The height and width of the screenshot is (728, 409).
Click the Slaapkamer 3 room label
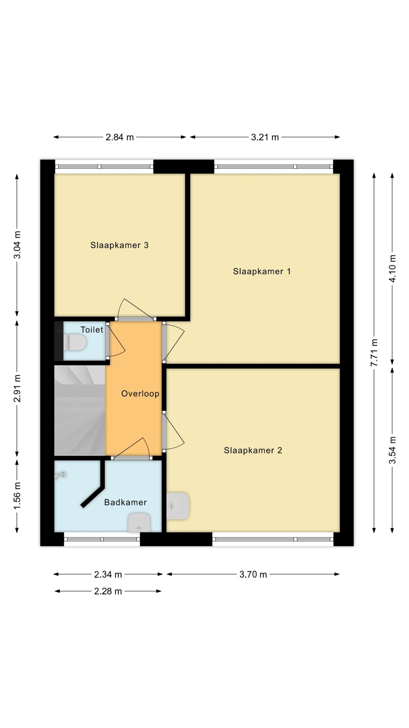[119, 245]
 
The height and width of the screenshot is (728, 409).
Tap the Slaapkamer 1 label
[262, 271]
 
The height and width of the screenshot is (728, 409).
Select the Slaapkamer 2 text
[253, 450]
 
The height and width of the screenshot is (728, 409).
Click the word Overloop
[140, 393]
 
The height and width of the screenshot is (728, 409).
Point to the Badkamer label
[125, 502]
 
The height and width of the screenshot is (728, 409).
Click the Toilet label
[92, 330]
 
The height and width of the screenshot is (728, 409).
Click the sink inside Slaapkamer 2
[178, 506]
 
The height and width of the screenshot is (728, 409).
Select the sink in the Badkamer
[139, 523]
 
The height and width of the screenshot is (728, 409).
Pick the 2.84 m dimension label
[120, 137]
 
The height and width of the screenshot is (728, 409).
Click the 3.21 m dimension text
[265, 137]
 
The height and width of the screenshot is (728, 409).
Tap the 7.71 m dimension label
[374, 353]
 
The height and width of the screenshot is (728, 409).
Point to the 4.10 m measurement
[393, 268]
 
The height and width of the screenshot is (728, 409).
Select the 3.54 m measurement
[393, 450]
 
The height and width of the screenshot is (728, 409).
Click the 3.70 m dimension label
[253, 574]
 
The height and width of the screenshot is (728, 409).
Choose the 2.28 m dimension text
[108, 591]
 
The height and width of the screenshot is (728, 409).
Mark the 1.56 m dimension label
[17, 496]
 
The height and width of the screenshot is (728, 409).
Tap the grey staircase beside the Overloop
[80, 410]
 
